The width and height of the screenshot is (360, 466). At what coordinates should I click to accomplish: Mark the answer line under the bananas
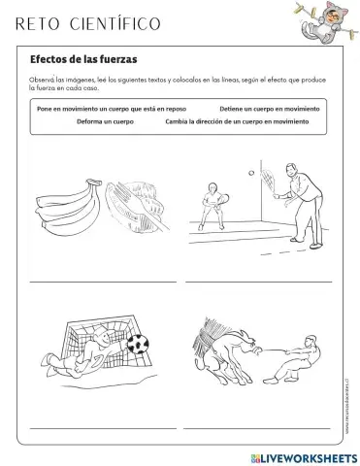coord(102,282)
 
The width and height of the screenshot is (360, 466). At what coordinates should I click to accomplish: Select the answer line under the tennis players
coord(260,282)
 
